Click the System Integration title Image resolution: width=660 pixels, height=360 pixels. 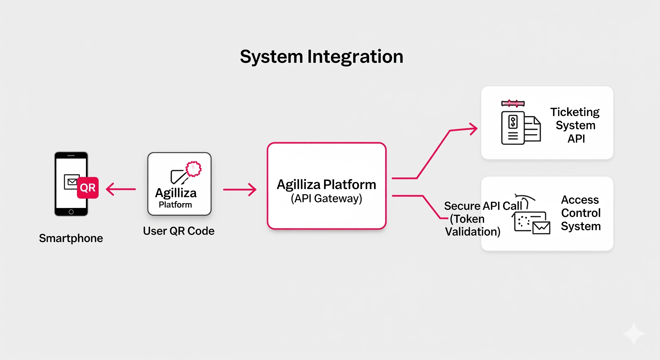tap(322, 57)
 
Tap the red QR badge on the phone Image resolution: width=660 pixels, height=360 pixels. tap(88, 187)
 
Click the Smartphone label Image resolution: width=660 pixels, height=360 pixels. tap(71, 238)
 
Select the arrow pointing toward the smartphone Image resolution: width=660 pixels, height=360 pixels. tap(121, 189)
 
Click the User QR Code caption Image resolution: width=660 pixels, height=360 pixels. tap(179, 231)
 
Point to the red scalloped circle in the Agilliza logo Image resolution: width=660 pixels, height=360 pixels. tap(193, 169)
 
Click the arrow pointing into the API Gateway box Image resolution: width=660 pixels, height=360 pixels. tap(240, 190)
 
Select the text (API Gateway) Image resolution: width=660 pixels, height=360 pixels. tap(326, 199)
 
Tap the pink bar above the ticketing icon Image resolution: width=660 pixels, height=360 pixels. tap(513, 104)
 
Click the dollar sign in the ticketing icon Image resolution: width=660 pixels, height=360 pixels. tap(513, 122)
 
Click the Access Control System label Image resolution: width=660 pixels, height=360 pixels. tap(581, 213)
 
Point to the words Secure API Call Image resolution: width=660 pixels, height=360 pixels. tap(483, 206)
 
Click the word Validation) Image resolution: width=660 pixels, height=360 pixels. tap(473, 232)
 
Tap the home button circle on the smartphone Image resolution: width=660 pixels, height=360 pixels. tap(71, 212)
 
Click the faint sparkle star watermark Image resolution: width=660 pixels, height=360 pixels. tap(634, 334)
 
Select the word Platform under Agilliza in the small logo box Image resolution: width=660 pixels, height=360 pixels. tap(175, 205)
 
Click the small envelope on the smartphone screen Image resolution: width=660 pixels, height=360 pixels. tap(72, 182)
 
